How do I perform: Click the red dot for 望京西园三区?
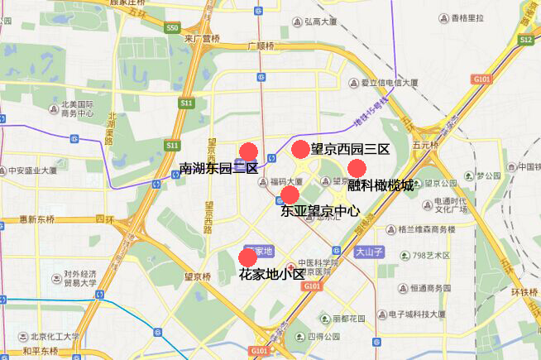coord(300,150)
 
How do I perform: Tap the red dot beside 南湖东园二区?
coord(248,152)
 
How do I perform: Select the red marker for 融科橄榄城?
coord(357,168)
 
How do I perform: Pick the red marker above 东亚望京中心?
coord(290,195)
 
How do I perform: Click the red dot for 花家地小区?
coord(247,257)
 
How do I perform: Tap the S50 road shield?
coord(172,27)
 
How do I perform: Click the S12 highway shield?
coord(526,39)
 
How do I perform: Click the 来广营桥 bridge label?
coord(202,38)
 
